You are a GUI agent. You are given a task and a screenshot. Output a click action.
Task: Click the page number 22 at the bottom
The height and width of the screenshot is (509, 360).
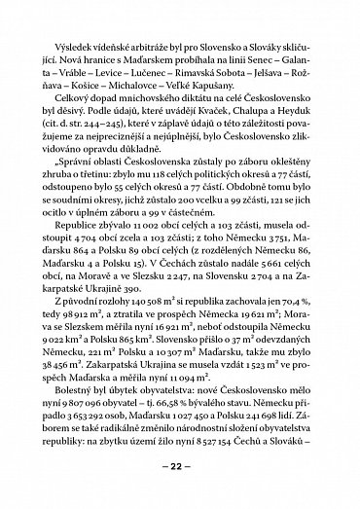point(180,466)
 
